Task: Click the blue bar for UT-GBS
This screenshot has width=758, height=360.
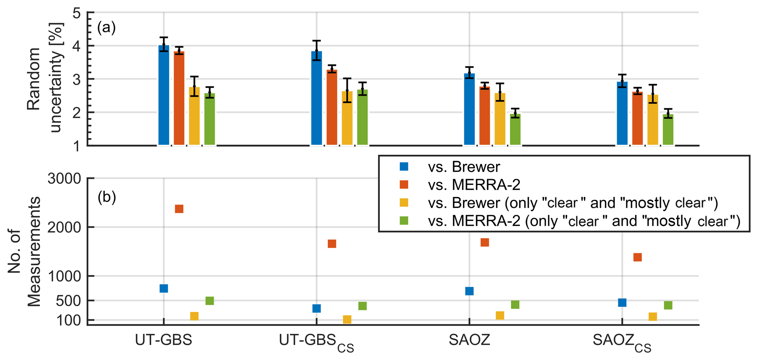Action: pyautogui.click(x=164, y=95)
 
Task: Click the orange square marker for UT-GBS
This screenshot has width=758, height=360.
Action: pyautogui.click(x=179, y=209)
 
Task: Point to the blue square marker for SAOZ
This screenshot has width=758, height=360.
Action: pyautogui.click(x=469, y=291)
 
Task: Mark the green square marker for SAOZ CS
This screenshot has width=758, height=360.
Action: pyautogui.click(x=668, y=305)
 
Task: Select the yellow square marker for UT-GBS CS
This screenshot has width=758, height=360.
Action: pyautogui.click(x=347, y=319)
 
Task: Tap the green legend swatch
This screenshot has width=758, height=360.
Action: pyautogui.click(x=404, y=221)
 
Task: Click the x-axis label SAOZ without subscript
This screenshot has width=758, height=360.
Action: pyautogui.click(x=469, y=341)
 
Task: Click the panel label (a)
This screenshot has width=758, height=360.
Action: pyautogui.click(x=106, y=28)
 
